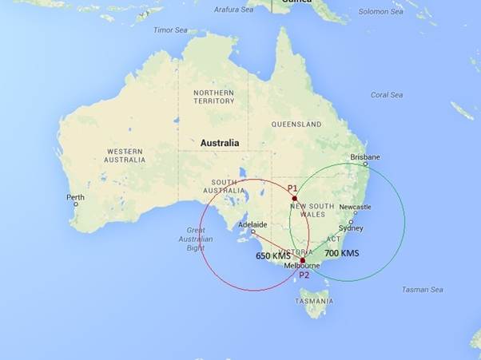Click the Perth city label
click(x=75, y=197)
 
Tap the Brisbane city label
click(x=365, y=157)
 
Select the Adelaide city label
click(x=252, y=225)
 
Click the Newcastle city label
click(x=355, y=207)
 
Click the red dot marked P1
click(x=294, y=198)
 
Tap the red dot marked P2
click(x=303, y=260)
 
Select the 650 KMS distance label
click(x=273, y=256)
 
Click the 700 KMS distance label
click(x=342, y=253)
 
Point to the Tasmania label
click(x=313, y=301)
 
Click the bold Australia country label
click(x=219, y=144)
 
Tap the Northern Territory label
click(x=213, y=97)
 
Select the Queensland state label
click(x=296, y=125)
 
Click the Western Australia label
click(x=125, y=155)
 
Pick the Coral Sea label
click(x=386, y=95)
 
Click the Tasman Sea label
click(x=423, y=290)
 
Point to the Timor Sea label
click(x=170, y=30)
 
